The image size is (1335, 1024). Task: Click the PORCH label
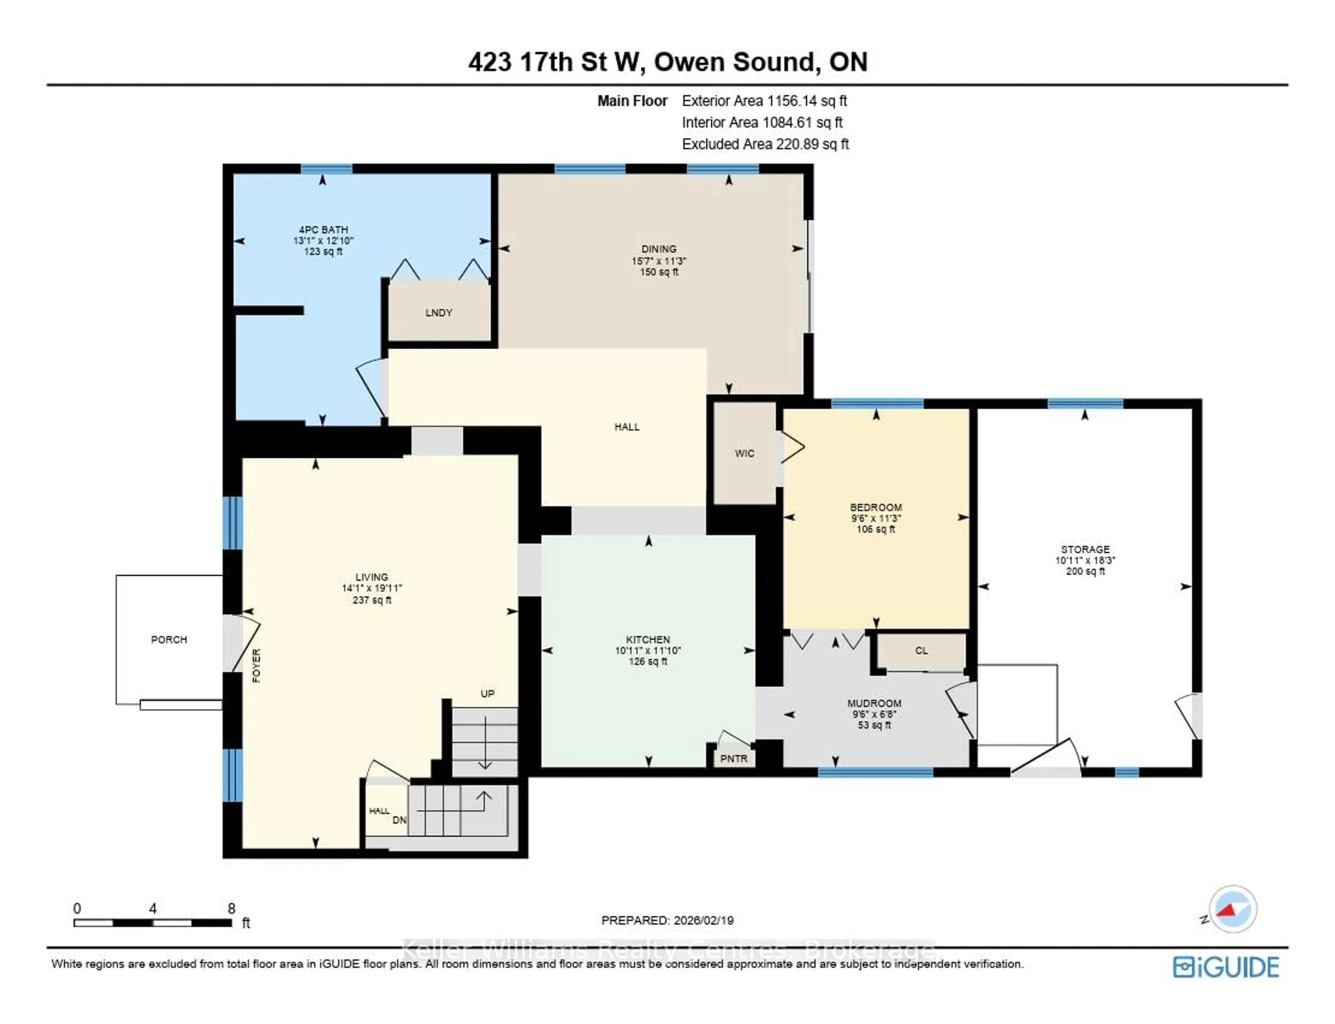[169, 639]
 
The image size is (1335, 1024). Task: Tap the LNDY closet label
[438, 313]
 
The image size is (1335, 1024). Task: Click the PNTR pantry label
[733, 759]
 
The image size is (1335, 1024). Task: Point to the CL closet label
[921, 650]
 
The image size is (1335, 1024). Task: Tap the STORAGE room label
[1085, 549]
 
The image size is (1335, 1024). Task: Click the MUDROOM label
[874, 703]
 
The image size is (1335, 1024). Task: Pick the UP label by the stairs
[487, 694]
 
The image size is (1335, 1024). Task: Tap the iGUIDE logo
[1226, 967]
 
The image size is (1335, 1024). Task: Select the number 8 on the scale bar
[231, 909]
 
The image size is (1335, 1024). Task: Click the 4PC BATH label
[323, 230]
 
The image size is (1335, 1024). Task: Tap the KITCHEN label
[648, 639]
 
